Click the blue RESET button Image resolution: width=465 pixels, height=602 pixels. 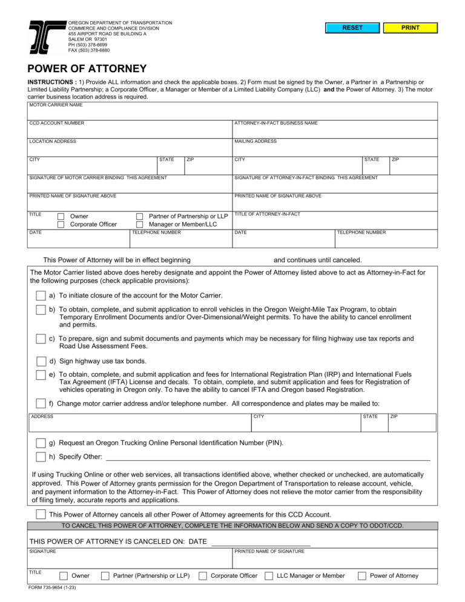[x=352, y=28]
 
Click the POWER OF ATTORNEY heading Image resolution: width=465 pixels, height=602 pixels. [x=87, y=69]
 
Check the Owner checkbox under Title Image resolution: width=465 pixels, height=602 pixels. [x=61, y=216]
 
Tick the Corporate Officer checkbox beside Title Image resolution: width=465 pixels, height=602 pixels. [x=61, y=225]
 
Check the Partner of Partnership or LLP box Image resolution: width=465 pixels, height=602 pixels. [x=139, y=216]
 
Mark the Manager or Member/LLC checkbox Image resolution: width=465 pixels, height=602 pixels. [x=139, y=225]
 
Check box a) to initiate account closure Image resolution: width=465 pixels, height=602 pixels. [x=40, y=296]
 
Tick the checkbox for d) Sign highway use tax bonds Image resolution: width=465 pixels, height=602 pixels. [x=40, y=362]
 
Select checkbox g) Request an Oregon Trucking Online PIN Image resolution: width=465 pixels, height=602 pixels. [x=40, y=443]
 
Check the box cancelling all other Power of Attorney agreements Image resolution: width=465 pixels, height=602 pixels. [x=40, y=514]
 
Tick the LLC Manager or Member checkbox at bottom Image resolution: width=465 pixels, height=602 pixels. [x=269, y=576]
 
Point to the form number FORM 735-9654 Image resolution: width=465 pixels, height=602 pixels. [x=51, y=587]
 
